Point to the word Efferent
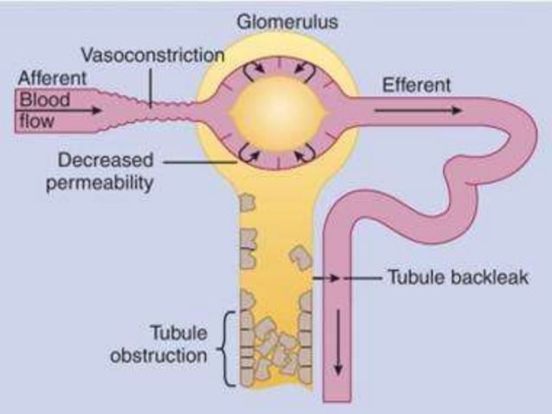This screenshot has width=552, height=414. pos(420,85)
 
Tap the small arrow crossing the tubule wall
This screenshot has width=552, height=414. pos(326,278)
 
